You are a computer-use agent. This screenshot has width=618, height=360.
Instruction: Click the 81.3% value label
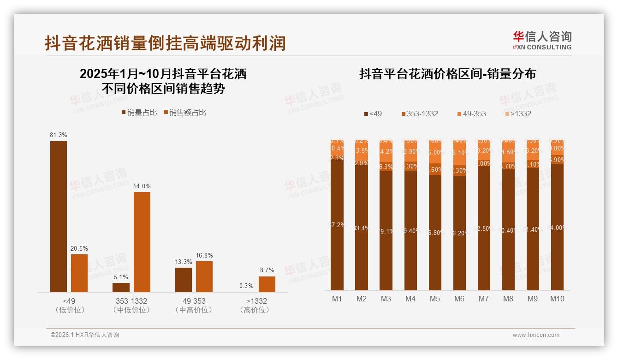[x=59, y=135]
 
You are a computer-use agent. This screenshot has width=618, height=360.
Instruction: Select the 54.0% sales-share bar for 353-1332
[x=142, y=242]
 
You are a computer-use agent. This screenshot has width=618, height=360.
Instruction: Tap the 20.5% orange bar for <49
[x=79, y=273]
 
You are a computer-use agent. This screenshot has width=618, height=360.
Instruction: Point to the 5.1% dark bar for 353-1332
[x=121, y=287]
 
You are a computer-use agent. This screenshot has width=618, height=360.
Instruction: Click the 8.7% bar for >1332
[x=267, y=284]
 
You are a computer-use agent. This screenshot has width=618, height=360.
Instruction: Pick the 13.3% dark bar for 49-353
[x=184, y=280]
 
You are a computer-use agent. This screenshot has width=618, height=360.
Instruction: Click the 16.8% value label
[x=204, y=255]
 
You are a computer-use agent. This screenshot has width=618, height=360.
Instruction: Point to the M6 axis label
[x=459, y=299]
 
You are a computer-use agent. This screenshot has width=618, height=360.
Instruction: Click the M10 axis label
[x=557, y=299]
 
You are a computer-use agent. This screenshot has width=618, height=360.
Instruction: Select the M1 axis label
[x=337, y=299]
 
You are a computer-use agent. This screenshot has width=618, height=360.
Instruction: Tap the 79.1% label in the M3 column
[x=386, y=231]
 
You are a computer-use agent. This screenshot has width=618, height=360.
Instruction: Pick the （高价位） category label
[x=254, y=310]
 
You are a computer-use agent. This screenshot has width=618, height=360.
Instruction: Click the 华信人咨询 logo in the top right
[x=542, y=40]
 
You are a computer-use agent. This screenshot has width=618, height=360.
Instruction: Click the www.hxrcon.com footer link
[x=535, y=335]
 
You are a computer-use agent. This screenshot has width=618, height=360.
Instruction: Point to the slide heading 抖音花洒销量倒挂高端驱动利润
[x=165, y=43]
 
